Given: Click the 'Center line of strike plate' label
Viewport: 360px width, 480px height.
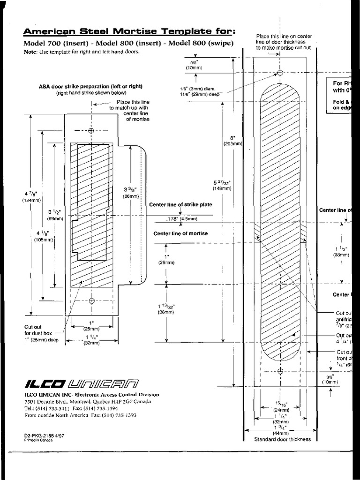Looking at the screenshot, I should (180, 205).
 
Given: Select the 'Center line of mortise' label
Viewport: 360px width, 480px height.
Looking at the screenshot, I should (180, 233).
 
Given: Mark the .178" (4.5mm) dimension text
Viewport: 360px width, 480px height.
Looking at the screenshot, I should (182, 218).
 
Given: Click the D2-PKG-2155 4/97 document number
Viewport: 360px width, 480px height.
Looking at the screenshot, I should (45, 435).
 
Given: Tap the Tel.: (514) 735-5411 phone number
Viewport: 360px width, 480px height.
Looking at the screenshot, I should (49, 408).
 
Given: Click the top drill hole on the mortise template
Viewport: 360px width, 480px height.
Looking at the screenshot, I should (280, 73).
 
